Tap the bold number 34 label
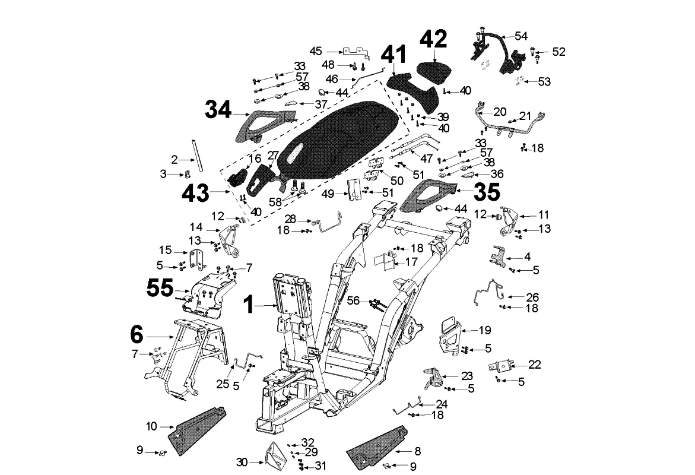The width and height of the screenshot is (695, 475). tap(220, 110)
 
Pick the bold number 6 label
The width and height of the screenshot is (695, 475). tap(137, 335)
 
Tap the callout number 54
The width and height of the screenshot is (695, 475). tap(521, 36)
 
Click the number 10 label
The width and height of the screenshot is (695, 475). tap(151, 426)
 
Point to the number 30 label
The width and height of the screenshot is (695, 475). tap(242, 461)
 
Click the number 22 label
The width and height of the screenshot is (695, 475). tap(535, 365)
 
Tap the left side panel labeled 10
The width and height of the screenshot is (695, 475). tap(199, 428)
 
